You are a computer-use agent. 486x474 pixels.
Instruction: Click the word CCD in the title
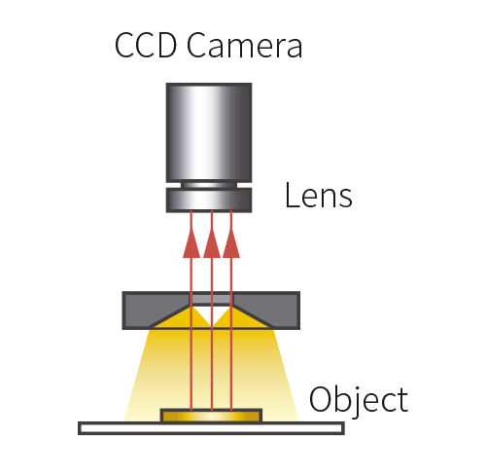coord(146,45)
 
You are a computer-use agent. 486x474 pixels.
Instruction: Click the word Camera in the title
coord(245,45)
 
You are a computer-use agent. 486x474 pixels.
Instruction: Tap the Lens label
coord(319,195)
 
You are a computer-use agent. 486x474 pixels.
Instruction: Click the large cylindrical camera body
coord(209,132)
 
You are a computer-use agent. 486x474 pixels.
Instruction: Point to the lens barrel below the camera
coord(209,201)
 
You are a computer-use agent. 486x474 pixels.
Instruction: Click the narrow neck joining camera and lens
coord(209,185)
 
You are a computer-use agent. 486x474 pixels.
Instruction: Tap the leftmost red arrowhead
coord(191,243)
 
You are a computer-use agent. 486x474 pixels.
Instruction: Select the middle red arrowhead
coord(212,243)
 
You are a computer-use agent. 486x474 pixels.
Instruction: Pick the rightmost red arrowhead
coord(231,243)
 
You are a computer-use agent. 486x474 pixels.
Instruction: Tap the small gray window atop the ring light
coord(211,299)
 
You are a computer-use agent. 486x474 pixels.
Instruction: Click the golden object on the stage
coord(211,417)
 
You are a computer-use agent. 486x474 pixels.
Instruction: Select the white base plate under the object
coord(211,428)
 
